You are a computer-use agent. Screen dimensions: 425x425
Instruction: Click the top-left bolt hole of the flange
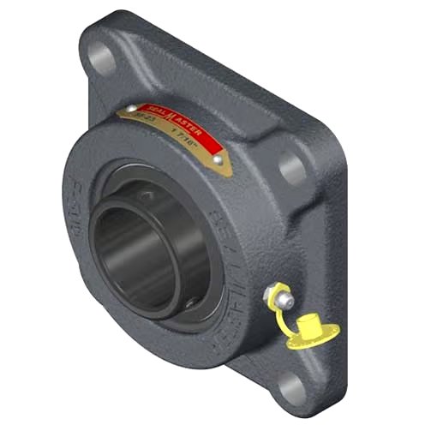click(100, 57)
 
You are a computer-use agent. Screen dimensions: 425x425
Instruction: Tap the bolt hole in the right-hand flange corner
click(292, 168)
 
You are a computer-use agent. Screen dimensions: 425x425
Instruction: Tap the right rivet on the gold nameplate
click(220, 160)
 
